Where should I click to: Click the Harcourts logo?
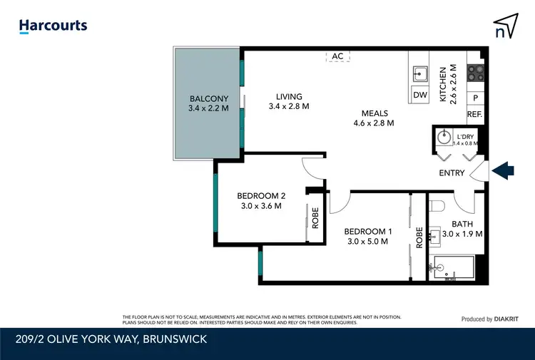[53, 26]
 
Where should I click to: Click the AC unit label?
[337, 56]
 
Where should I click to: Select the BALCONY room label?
[208, 103]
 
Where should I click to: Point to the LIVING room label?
[289, 101]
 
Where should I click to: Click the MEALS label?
[374, 118]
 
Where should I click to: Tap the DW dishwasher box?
[420, 95]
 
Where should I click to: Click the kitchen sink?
[420, 73]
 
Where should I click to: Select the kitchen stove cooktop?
[475, 71]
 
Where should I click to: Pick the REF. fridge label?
[475, 114]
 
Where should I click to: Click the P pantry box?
[475, 98]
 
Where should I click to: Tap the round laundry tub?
[444, 137]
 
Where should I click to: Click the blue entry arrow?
[504, 170]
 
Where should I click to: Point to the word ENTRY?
[452, 173]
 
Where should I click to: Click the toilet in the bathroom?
[437, 206]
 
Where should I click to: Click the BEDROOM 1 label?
[367, 236]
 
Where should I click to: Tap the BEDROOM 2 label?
[261, 201]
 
